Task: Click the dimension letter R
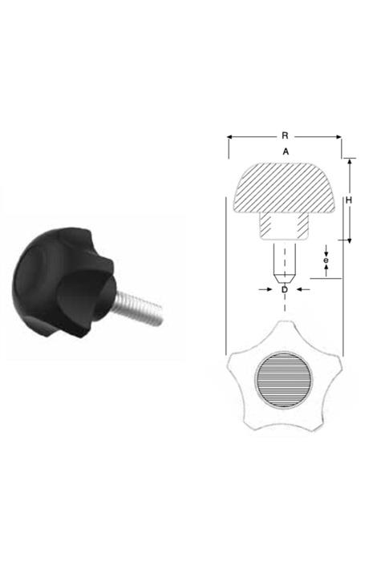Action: click(285, 135)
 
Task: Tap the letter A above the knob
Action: click(286, 151)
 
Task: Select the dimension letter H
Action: click(349, 200)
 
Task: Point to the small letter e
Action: click(326, 260)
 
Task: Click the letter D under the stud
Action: click(285, 290)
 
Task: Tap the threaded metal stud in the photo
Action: click(136, 306)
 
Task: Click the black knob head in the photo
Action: click(64, 282)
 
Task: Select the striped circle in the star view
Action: click(283, 379)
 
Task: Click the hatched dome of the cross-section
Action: click(285, 188)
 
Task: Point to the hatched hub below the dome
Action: click(284, 226)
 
